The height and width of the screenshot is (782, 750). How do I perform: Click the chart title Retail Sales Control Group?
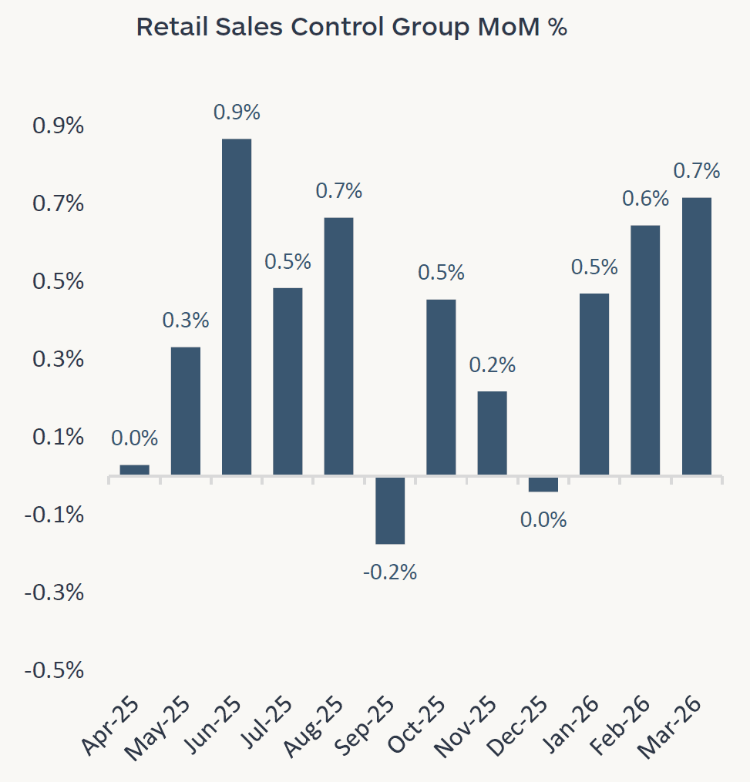pos(351,27)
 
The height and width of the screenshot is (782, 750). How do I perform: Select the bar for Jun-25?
pos(237,307)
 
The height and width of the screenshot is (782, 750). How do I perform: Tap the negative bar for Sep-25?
pos(390,510)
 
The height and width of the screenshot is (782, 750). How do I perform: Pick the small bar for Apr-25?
pos(135,469)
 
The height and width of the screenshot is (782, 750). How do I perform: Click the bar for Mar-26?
pos(696,336)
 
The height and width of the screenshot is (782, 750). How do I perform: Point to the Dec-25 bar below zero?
pos(543,484)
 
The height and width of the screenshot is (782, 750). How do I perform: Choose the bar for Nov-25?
pos(492,432)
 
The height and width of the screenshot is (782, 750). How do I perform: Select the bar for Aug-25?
pos(338,346)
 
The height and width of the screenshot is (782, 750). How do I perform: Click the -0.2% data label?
pos(390,572)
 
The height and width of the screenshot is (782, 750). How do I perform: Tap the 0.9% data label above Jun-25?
pos(237,112)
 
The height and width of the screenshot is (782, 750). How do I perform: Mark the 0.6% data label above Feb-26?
pos(645,199)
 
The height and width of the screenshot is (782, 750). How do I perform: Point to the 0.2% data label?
pos(492,364)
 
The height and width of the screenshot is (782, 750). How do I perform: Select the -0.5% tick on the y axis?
pos(54,670)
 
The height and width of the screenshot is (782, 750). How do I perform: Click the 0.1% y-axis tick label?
pos(58,437)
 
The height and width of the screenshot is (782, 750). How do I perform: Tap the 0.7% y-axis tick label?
pos(58,204)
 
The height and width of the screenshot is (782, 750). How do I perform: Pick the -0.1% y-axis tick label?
pos(54,515)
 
